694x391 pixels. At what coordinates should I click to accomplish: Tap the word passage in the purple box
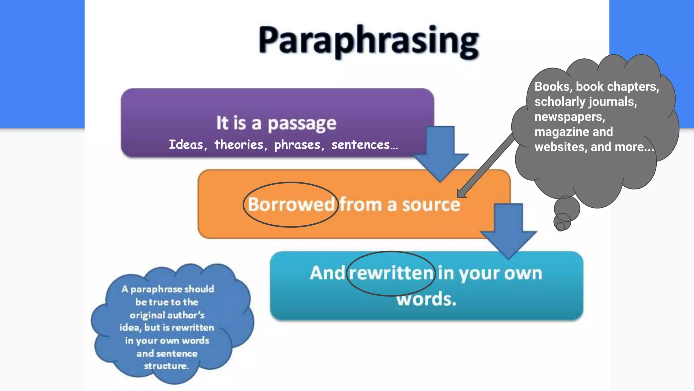tap(302, 124)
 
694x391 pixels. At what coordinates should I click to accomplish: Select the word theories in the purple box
tap(239, 145)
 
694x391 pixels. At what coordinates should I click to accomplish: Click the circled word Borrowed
tap(291, 205)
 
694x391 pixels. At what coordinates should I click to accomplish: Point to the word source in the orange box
tap(431, 205)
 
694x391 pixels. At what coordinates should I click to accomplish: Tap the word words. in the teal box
tap(427, 299)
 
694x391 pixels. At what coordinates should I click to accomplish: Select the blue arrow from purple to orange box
tap(441, 153)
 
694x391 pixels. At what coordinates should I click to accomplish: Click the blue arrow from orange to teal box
tap(508, 231)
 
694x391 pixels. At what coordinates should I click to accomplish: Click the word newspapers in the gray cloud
tap(569, 117)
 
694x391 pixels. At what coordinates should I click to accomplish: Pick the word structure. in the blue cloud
tap(166, 366)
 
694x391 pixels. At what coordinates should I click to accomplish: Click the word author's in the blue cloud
tap(188, 315)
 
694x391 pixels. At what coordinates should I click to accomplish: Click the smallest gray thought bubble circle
tap(560, 226)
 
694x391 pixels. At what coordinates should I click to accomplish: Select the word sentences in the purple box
tap(361, 145)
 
